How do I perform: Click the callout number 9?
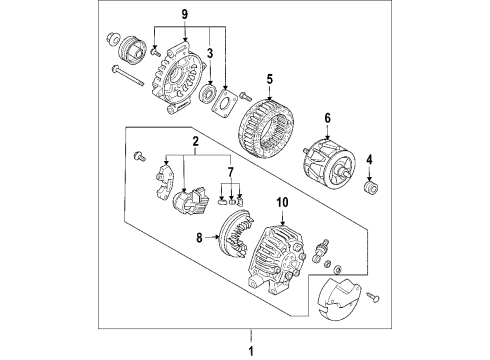[185, 14]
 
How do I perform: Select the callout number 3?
[210, 53]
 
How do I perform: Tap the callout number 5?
[270, 79]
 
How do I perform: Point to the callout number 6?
[327, 118]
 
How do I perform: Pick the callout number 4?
[369, 160]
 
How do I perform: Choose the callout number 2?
[196, 141]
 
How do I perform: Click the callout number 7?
[231, 172]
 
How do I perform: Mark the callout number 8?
[199, 238]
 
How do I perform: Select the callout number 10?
[283, 202]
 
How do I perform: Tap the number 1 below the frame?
[251, 351]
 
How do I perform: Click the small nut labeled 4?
[370, 189]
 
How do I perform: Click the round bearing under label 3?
[210, 93]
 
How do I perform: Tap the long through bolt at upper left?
[128, 75]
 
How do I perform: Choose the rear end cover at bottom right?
[340, 298]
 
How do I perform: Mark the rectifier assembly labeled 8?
[236, 233]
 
